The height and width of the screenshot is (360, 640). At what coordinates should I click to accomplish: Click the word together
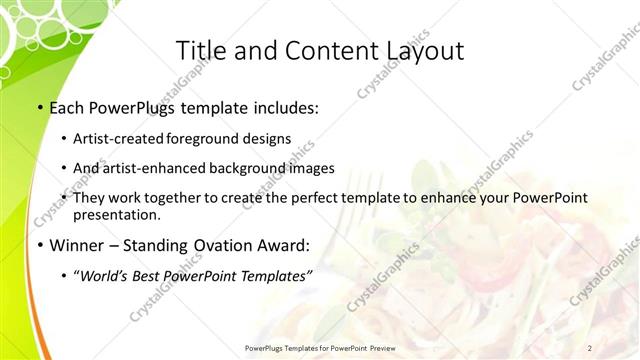[186, 198]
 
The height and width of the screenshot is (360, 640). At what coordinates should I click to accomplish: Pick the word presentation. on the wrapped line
[116, 214]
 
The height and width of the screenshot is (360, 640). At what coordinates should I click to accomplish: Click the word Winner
[76, 245]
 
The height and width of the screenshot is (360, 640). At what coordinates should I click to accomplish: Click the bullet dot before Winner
[39, 245]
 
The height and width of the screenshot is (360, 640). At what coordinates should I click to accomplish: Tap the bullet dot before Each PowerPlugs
[39, 107]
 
